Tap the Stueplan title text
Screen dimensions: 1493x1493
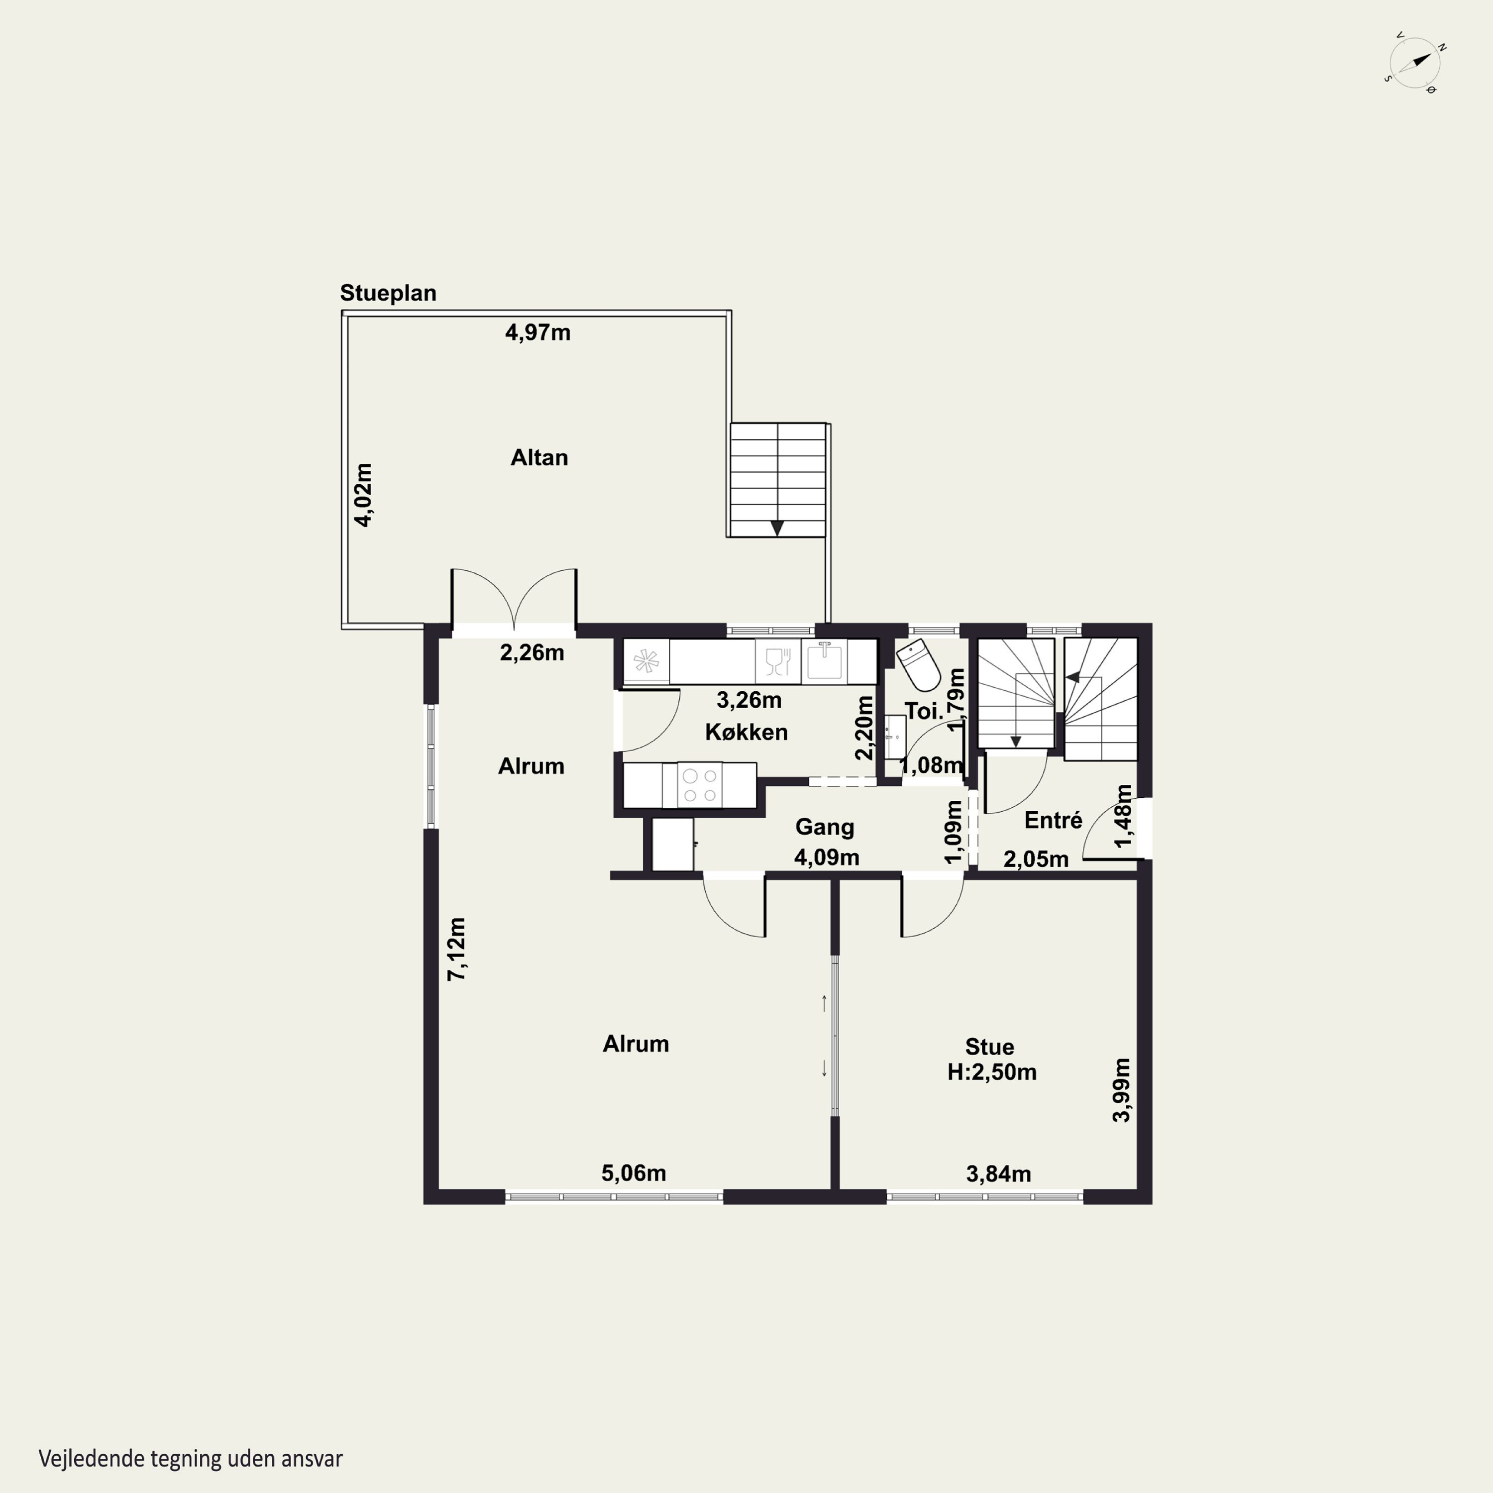pyautogui.click(x=388, y=294)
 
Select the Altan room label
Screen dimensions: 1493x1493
pyautogui.click(x=539, y=457)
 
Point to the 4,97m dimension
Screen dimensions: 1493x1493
pyautogui.click(x=538, y=332)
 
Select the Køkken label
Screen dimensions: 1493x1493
pyautogui.click(x=746, y=732)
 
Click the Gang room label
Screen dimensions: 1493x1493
pyautogui.click(x=825, y=827)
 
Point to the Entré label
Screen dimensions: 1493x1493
pyautogui.click(x=1053, y=820)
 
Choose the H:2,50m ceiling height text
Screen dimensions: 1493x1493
pyautogui.click(x=992, y=1072)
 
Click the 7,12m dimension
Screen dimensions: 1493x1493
pyautogui.click(x=457, y=950)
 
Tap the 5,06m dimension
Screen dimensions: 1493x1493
pyautogui.click(x=634, y=1173)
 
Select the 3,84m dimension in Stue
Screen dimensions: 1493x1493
pyautogui.click(x=998, y=1174)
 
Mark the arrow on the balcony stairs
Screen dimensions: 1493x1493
pyautogui.click(x=777, y=529)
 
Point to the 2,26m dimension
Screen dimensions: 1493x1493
pyautogui.click(x=532, y=653)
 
